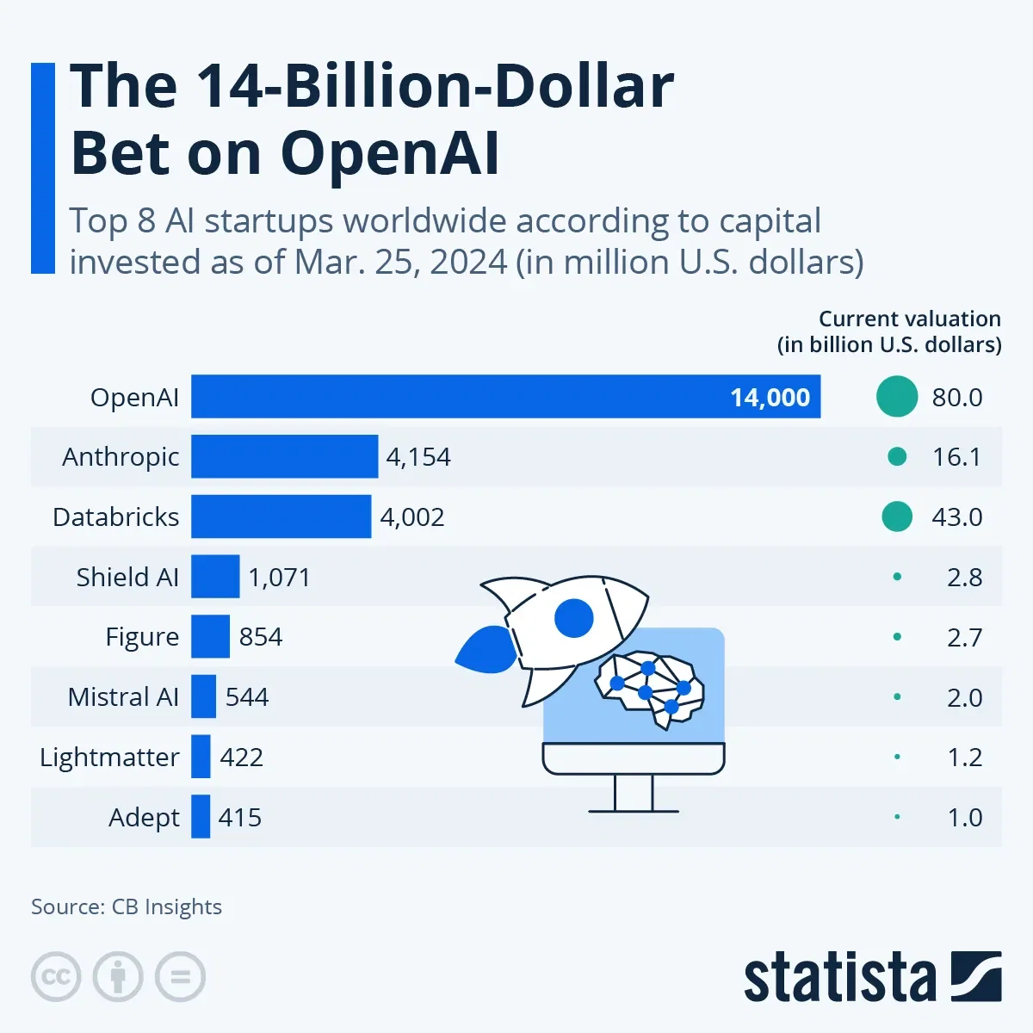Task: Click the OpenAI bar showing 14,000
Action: pos(505,397)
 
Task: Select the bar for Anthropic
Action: pos(284,456)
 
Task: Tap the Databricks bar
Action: pos(281,516)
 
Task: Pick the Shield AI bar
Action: pos(215,577)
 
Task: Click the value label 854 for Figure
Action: pos(261,637)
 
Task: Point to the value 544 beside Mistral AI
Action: pos(247,696)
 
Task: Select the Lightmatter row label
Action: pos(109,758)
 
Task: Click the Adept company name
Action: pos(144,817)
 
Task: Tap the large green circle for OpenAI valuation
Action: pos(897,397)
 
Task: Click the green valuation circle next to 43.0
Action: pos(897,516)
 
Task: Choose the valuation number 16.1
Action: pos(956,457)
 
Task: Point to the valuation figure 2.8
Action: pos(964,577)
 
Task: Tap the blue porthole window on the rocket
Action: pos(574,617)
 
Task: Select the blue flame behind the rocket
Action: pos(486,649)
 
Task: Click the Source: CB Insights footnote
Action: pos(127,906)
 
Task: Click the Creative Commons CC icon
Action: pos(56,977)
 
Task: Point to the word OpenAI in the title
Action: pos(390,153)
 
